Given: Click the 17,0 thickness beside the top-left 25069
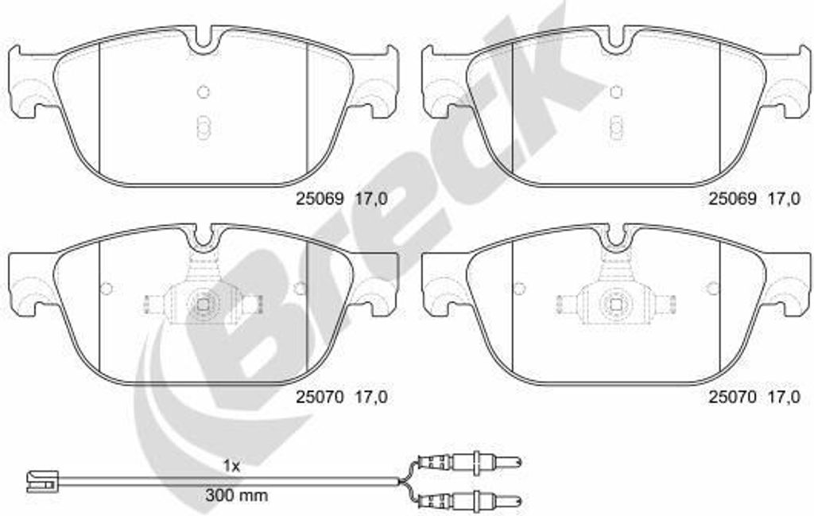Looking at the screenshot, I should (370, 201).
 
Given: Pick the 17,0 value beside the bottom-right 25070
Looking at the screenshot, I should (783, 398).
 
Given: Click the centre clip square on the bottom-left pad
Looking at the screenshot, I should (203, 303).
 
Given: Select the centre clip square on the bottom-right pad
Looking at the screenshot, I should (615, 303).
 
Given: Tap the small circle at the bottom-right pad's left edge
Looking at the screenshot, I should (519, 288).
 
